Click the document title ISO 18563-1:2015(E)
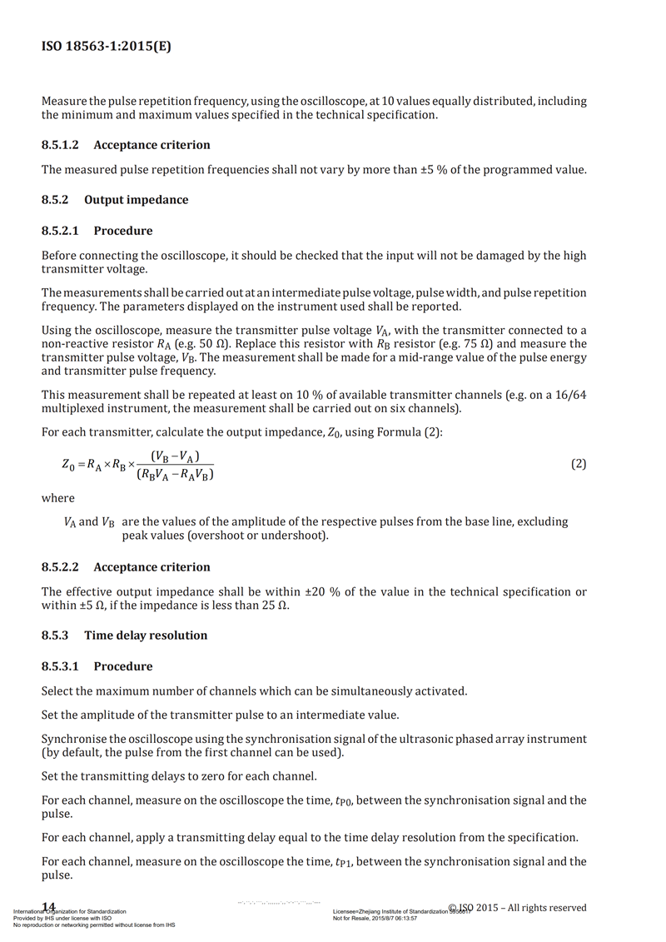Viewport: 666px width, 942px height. point(107,47)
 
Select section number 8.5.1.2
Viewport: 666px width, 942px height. point(60,145)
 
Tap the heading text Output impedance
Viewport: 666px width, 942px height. point(136,200)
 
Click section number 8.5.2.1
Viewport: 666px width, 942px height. point(60,231)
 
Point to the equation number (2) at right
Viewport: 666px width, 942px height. point(578,464)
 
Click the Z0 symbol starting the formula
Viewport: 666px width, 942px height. point(68,466)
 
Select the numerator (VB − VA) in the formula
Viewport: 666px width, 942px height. point(181,456)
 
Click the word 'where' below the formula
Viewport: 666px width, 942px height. point(57,498)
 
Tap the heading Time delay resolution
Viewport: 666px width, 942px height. point(146,635)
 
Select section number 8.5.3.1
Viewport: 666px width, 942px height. point(60,666)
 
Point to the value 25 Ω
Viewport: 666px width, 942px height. point(273,606)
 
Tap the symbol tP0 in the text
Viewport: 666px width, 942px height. point(344,801)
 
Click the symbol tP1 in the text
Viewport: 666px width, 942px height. point(344,863)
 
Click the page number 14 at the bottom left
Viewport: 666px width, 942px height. point(48,906)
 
